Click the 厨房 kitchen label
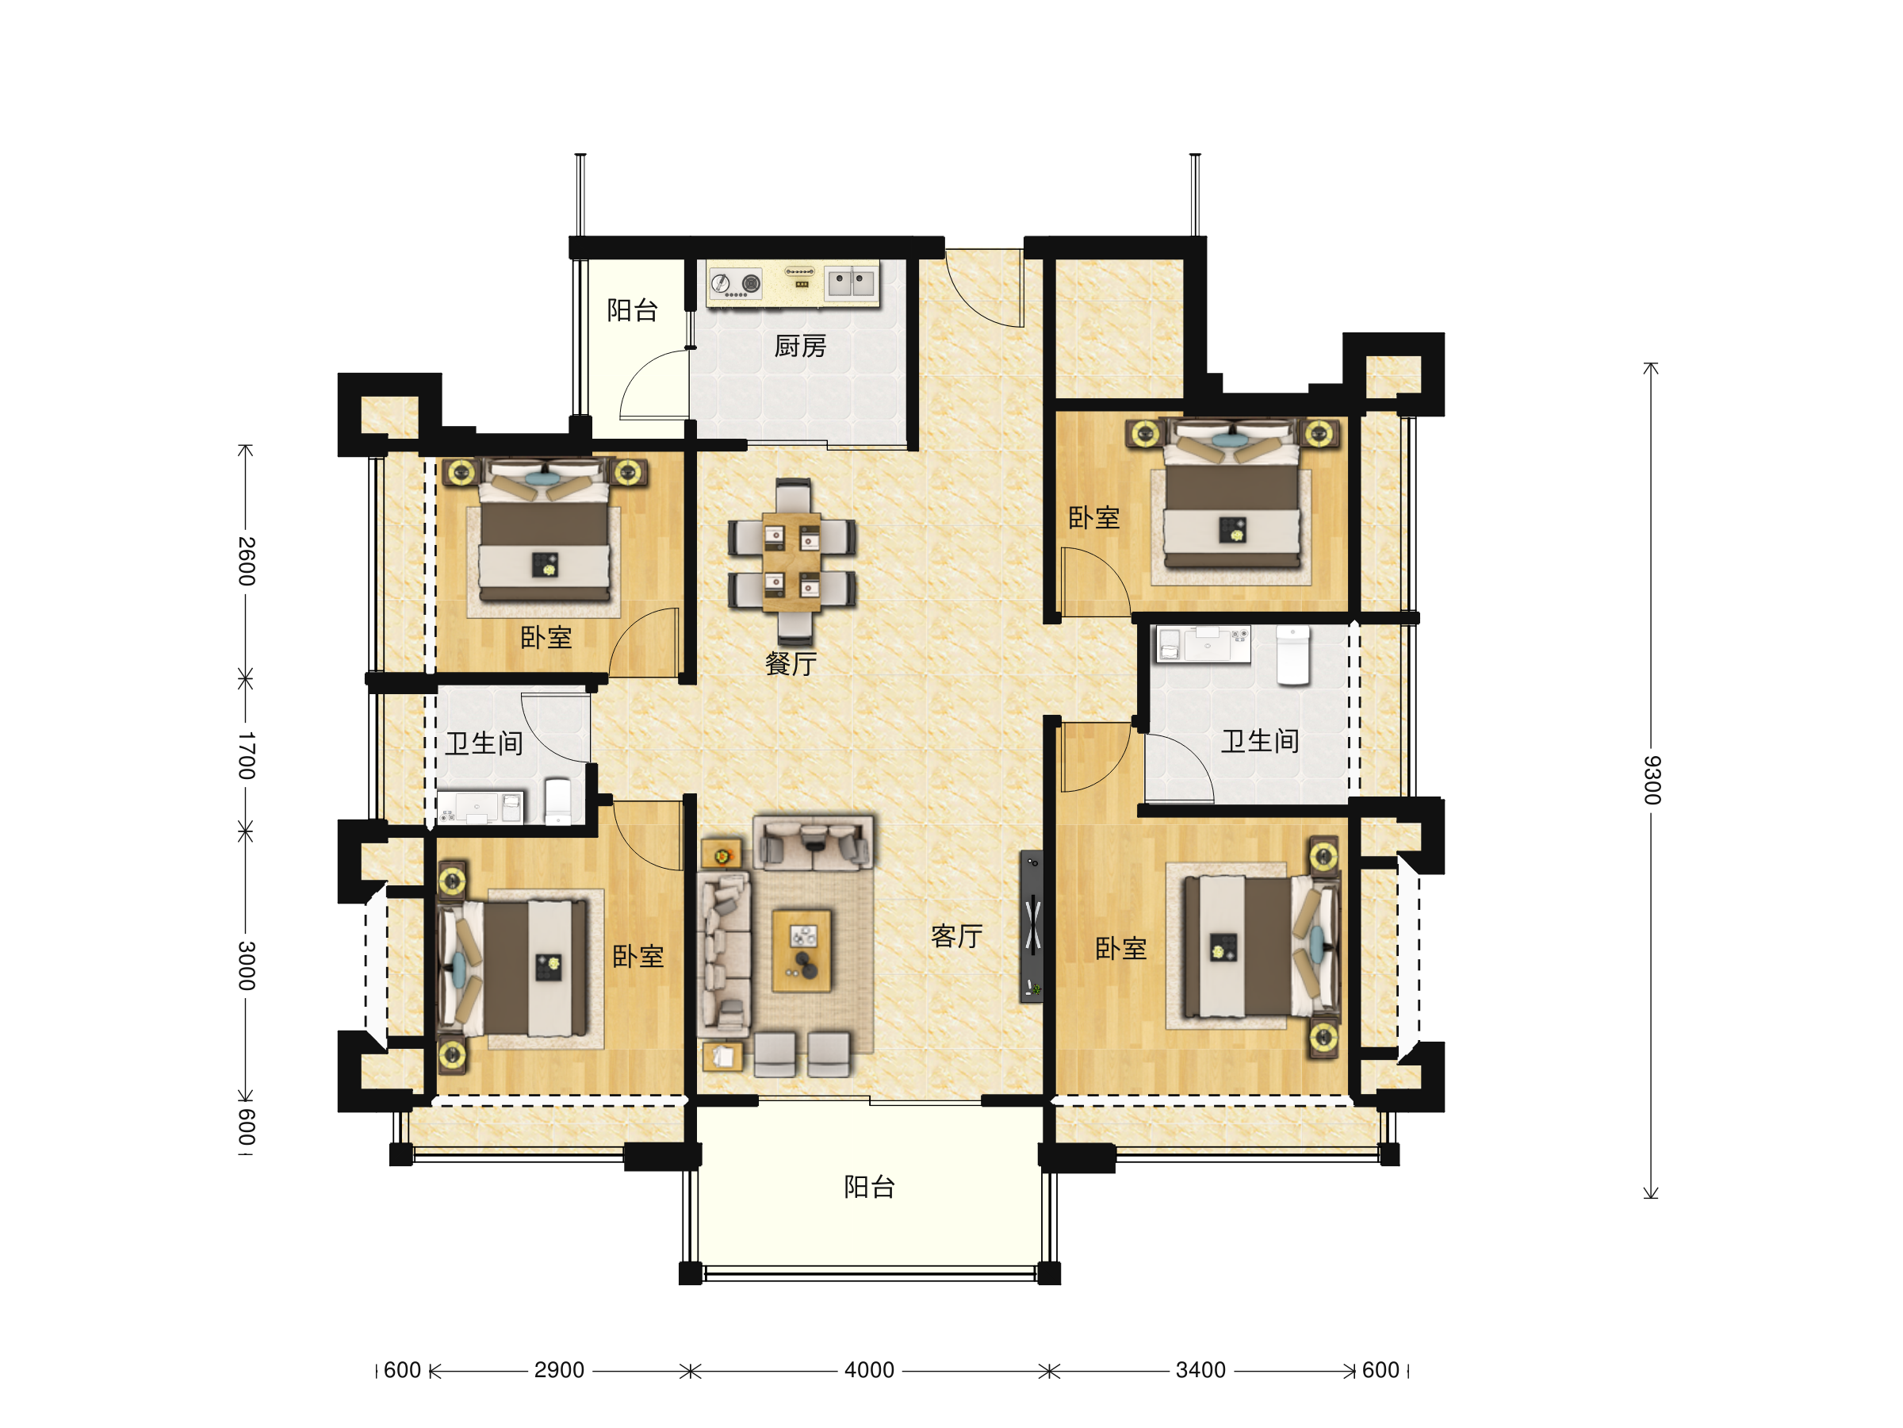tap(799, 346)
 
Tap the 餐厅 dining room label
tap(790, 664)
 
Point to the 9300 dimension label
tap(1652, 780)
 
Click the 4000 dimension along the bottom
tap(869, 1369)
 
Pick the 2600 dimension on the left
tap(247, 561)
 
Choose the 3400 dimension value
tap(1200, 1369)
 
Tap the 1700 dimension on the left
tap(247, 756)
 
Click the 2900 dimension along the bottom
tap(559, 1369)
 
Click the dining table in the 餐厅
tap(791, 562)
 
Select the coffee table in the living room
tap(802, 951)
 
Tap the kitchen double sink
tap(851, 282)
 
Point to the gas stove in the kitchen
tap(736, 283)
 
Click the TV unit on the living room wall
tap(1032, 926)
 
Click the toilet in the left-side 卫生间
tap(557, 802)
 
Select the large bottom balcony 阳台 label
tap(869, 1187)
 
